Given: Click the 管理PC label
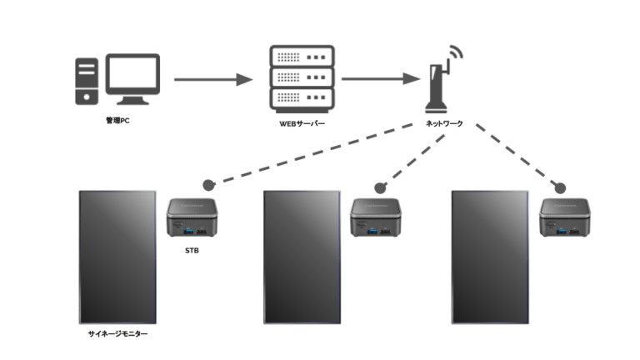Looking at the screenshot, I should (117, 121).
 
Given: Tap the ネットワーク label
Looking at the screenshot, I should (445, 121).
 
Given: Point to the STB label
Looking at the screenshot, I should (192, 247).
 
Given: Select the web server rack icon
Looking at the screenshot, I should (302, 78).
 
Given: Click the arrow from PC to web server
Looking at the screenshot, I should (212, 80).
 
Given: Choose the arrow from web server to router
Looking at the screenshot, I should (379, 80).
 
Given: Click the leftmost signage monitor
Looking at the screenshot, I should (117, 257).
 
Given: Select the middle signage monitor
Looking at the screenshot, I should (301, 257).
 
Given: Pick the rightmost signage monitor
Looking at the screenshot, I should (489, 257).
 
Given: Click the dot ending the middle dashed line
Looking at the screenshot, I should (380, 187).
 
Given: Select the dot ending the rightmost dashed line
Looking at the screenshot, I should (560, 187).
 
